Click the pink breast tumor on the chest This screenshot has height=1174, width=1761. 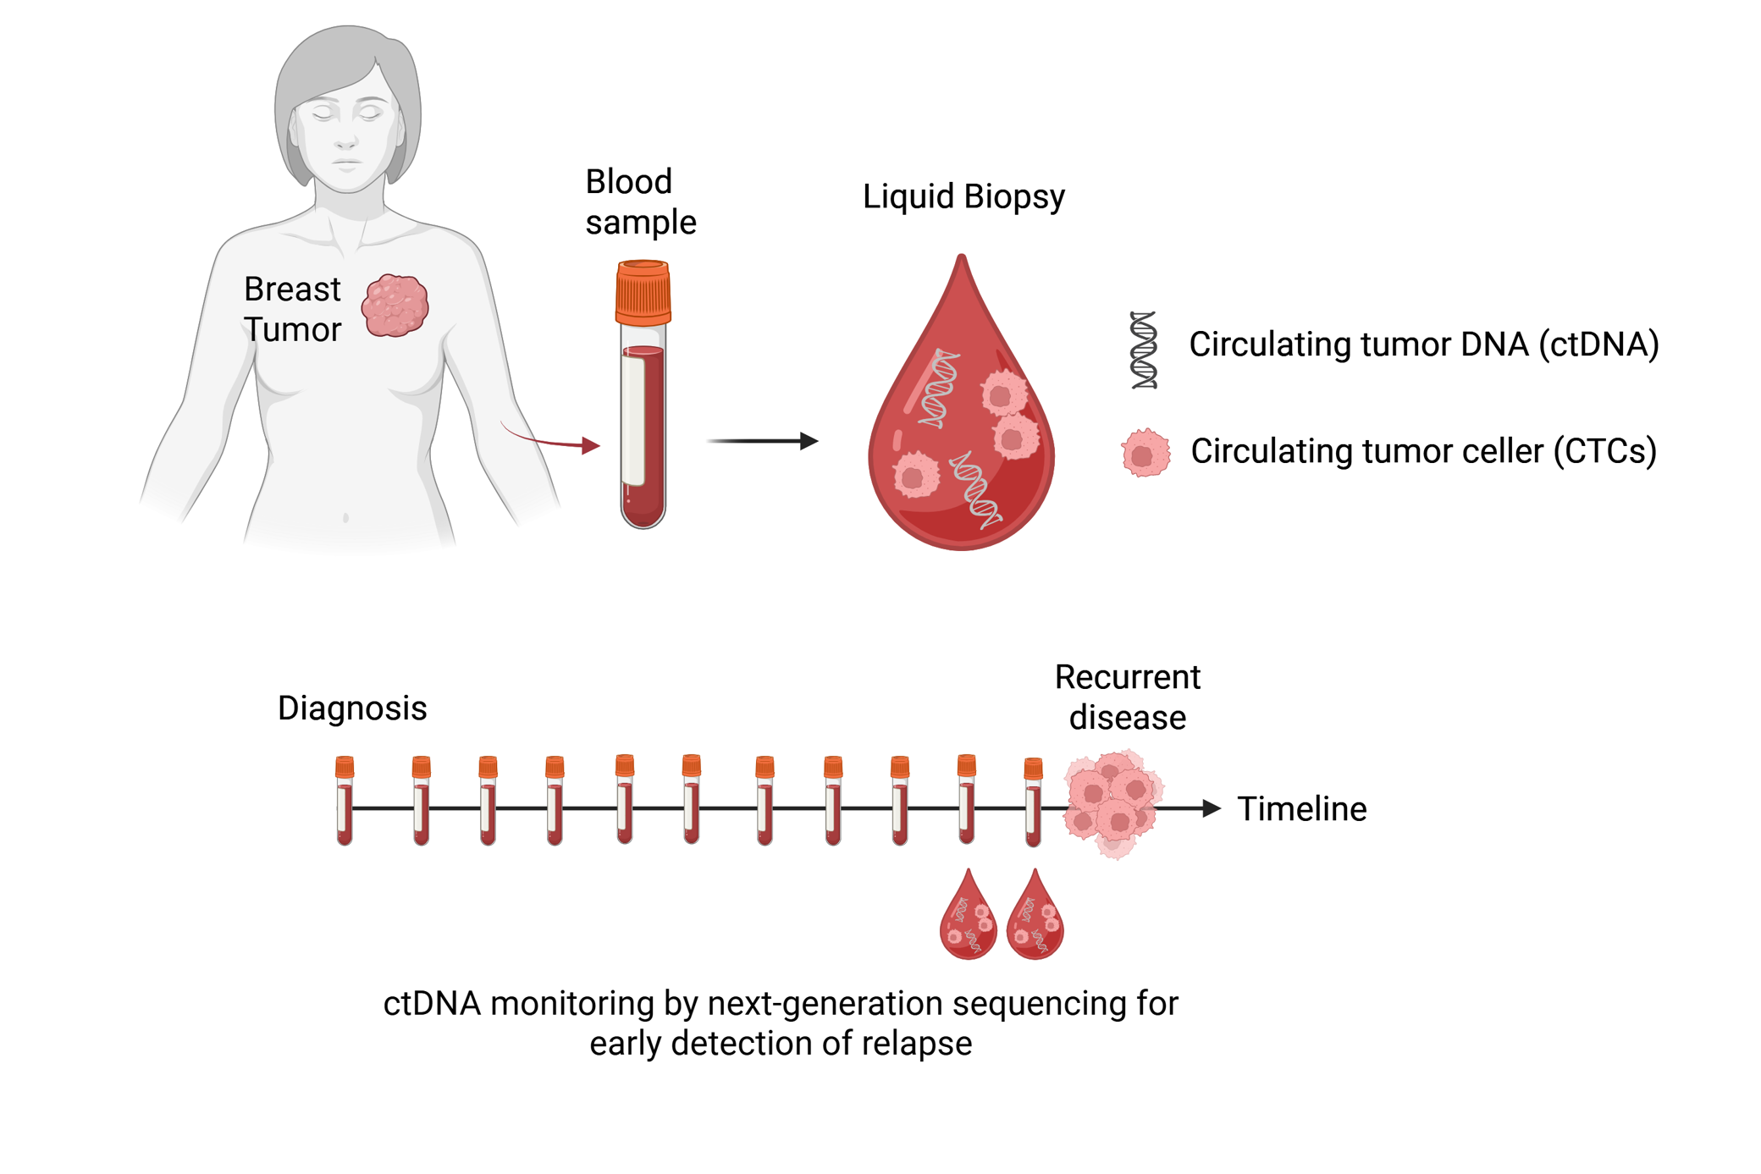[x=395, y=306]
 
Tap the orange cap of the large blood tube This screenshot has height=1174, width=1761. [x=643, y=293]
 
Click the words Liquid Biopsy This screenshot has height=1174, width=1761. [x=963, y=196]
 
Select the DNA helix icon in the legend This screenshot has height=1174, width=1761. [x=1144, y=350]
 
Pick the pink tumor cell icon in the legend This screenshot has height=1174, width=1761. [x=1145, y=453]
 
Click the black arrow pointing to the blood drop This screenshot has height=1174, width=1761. [x=762, y=441]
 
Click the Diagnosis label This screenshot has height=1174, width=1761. [x=352, y=708]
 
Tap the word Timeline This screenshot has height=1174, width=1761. [x=1301, y=809]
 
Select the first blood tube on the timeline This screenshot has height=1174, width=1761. [x=345, y=800]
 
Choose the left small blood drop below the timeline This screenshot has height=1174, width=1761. [x=968, y=917]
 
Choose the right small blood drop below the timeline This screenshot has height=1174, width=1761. [x=1035, y=917]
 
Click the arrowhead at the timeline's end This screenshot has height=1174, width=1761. [x=1212, y=808]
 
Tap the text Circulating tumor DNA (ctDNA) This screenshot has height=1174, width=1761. [x=1423, y=344]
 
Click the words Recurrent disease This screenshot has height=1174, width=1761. [x=1127, y=697]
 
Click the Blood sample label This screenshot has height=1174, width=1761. [x=640, y=201]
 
